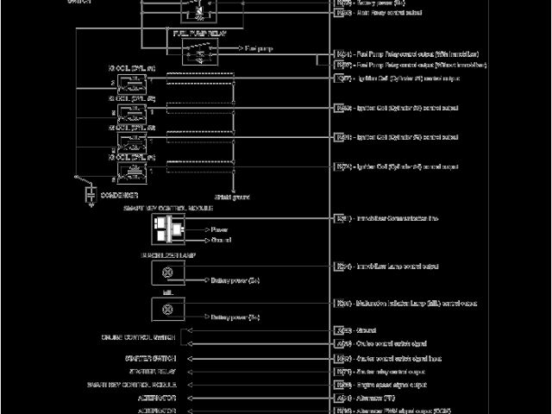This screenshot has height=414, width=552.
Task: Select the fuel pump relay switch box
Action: (199, 52)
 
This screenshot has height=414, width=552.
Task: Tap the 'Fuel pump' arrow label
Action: (259, 49)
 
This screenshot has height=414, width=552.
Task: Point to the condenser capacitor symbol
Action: (90, 197)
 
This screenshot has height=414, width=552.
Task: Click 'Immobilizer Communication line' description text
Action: (399, 218)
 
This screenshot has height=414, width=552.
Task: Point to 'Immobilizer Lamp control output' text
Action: (398, 267)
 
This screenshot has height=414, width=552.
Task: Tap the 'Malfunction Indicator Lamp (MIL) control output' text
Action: (417, 304)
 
